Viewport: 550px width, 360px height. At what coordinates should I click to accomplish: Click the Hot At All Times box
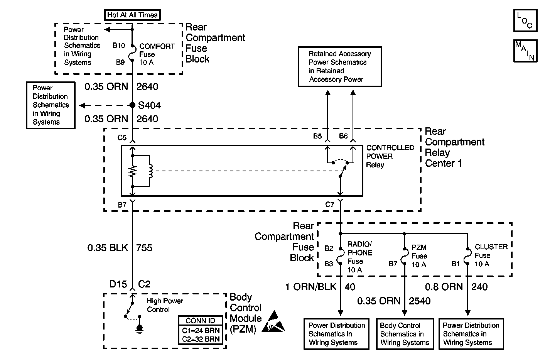pyautogui.click(x=132, y=15)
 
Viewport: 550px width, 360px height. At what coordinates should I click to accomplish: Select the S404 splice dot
pyautogui.click(x=132, y=105)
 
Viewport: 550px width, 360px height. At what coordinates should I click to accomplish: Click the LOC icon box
pyautogui.click(x=525, y=20)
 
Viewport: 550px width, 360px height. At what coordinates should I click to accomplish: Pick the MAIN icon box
pyautogui.click(x=525, y=51)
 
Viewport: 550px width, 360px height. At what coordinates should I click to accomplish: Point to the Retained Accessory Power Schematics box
pyautogui.click(x=340, y=67)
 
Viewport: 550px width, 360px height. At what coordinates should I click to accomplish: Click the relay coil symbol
pyautogui.click(x=150, y=171)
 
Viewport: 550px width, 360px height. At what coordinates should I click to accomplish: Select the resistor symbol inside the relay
pyautogui.click(x=132, y=171)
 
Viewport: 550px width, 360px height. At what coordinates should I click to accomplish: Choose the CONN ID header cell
pyautogui.click(x=200, y=321)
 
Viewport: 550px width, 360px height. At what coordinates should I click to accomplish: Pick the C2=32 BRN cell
pyautogui.click(x=200, y=340)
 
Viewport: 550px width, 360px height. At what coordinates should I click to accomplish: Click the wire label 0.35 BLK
pyautogui.click(x=108, y=248)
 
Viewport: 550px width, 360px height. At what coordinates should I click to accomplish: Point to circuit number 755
pyautogui.click(x=144, y=248)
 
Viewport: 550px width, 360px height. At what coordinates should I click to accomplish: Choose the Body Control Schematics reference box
pyautogui.click(x=405, y=334)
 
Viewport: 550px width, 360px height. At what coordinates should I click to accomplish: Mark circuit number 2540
pyautogui.click(x=420, y=301)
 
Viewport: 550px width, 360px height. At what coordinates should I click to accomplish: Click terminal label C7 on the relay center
pyautogui.click(x=329, y=205)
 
